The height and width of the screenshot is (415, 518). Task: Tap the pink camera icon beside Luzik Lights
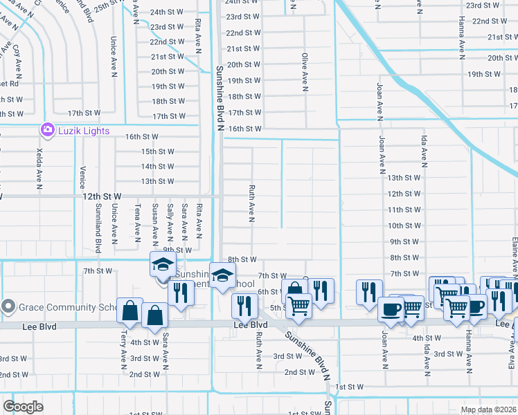click(x=47, y=129)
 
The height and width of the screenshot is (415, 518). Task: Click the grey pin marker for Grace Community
click(x=8, y=306)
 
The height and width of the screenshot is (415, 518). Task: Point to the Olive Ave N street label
click(x=304, y=73)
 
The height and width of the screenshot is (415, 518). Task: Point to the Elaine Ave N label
click(x=514, y=256)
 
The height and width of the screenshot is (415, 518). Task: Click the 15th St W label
click(x=157, y=151)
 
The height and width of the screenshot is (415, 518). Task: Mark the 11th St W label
click(x=404, y=210)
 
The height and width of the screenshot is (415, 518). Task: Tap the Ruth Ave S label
click(x=258, y=349)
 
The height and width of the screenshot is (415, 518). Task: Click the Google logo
click(x=23, y=407)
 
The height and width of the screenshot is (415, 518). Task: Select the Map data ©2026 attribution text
click(x=488, y=409)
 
